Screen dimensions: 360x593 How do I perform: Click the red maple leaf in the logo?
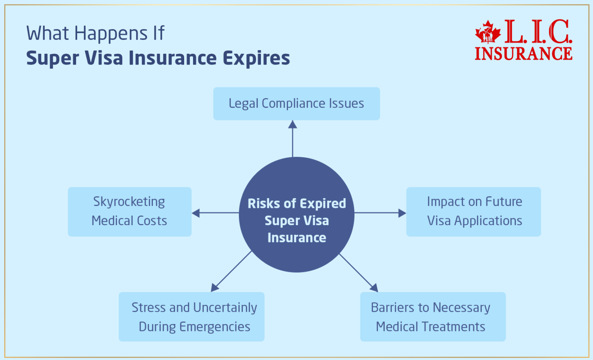(488, 32)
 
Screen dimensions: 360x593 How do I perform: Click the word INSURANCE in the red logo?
(523, 54)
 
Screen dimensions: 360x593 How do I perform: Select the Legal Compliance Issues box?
(296, 104)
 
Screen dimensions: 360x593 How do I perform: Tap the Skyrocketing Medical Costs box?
(129, 212)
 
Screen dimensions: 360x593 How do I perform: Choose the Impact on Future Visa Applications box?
(474, 212)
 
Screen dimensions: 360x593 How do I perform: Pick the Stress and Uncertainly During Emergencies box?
(191, 317)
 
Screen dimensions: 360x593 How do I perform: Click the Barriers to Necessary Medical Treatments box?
(433, 317)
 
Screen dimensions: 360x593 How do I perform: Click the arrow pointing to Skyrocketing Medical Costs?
(215, 213)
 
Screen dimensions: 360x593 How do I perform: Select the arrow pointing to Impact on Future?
(380, 213)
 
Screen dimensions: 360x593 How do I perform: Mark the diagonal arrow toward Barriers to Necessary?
(358, 273)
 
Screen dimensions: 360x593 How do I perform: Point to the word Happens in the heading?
(111, 34)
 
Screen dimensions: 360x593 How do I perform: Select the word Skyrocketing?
(129, 202)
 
